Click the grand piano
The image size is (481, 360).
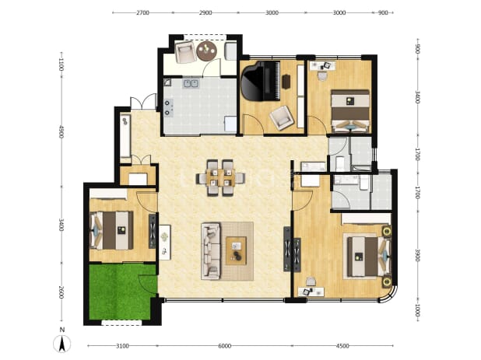point(261,81)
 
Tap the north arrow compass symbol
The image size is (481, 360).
point(62,344)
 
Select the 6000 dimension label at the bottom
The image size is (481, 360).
point(225,346)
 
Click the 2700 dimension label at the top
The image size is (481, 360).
point(142,12)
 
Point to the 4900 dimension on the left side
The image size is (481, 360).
point(61,131)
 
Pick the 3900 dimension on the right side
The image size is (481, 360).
point(417,255)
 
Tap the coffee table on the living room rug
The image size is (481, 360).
point(236,250)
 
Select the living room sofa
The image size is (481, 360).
point(211,251)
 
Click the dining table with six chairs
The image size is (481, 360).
point(220,178)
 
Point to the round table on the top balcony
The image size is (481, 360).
point(207,51)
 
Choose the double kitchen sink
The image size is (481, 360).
point(191,83)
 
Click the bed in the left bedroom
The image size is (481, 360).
point(111,230)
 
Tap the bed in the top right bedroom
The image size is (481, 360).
point(350,111)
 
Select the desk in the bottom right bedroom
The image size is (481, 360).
point(311,292)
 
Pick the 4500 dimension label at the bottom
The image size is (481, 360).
point(342,346)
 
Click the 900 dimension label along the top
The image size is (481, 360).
point(383,12)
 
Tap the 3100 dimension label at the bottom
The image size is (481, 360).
point(122,346)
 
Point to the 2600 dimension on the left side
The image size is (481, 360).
point(61,292)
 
